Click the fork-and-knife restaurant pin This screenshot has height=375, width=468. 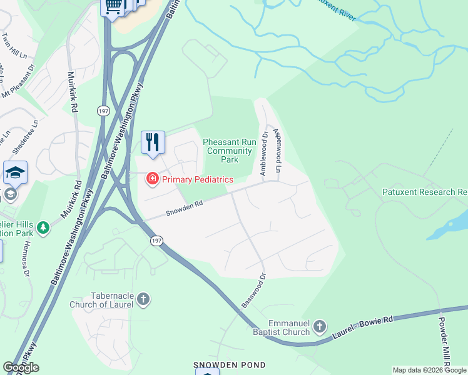pos(153,143)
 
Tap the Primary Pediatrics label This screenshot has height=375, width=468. pos(197,180)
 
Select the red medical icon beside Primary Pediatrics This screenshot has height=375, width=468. pos(151,180)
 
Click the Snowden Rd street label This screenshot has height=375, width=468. pos(185,207)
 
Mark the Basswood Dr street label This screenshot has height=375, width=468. pos(253,290)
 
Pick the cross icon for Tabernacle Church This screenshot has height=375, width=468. pos(143,299)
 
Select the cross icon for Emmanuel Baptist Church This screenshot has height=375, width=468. pos(320,326)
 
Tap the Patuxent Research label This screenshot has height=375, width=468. pos(425,192)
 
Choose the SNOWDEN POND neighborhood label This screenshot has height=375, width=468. pos(229,365)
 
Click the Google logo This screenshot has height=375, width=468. pos(21,367)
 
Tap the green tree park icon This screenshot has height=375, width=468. pos(43,227)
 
